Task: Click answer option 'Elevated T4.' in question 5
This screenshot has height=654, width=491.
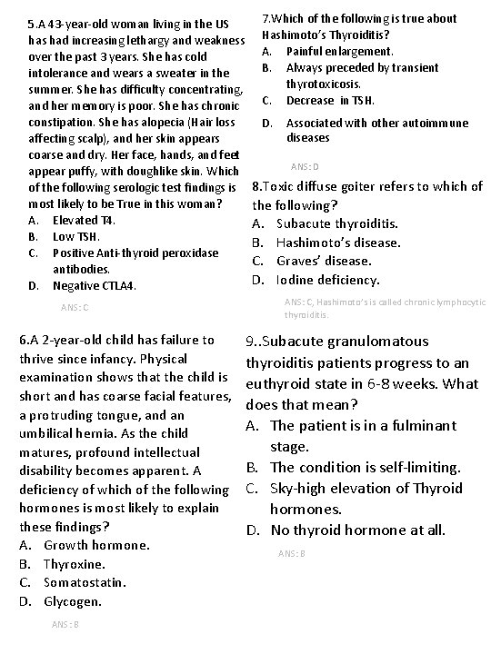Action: (x=84, y=220)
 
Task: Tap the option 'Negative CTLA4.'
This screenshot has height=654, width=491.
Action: (x=95, y=286)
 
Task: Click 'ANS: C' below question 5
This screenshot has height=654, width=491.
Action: (x=73, y=308)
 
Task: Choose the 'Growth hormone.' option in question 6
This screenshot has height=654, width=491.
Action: (x=96, y=545)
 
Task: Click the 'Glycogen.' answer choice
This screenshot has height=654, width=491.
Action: (x=73, y=601)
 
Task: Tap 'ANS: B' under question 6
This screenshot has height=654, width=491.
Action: (x=66, y=624)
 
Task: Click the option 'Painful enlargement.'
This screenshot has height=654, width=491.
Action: (x=339, y=51)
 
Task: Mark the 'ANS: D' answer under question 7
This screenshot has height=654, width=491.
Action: (x=305, y=167)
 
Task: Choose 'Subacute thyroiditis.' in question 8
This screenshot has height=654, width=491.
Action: (x=336, y=223)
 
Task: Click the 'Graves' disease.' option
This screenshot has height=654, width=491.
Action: (x=324, y=261)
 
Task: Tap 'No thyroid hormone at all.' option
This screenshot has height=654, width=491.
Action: (x=358, y=529)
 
